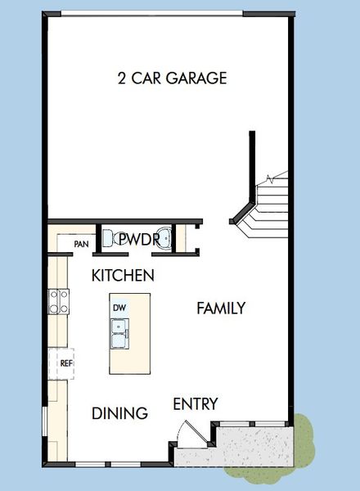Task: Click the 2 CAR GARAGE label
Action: pos(171,79)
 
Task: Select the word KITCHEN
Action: pos(123,276)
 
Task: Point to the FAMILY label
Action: pos(221,308)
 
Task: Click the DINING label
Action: pos(119,413)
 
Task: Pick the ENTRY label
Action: pos(196,404)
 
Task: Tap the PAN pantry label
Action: pos(82,244)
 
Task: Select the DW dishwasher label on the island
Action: pos(119,308)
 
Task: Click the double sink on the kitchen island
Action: pos(120,330)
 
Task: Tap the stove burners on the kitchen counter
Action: pos(58,302)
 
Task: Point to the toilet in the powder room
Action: pos(109,239)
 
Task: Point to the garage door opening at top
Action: pos(152,13)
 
